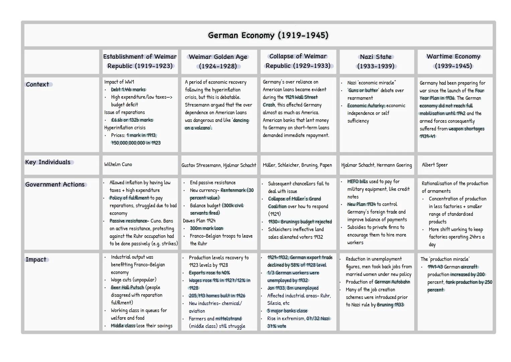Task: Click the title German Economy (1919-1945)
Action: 268,35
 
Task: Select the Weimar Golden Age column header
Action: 218,61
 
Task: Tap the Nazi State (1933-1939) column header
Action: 375,61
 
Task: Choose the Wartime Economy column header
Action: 453,61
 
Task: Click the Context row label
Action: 37,84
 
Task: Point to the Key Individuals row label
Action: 48,162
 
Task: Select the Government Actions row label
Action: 55,184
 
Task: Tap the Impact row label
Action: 36,259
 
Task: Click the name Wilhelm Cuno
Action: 118,165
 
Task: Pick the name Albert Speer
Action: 434,165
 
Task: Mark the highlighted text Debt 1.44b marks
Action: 128,89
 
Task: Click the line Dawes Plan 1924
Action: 199,221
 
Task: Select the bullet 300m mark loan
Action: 206,228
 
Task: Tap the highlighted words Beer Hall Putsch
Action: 127,288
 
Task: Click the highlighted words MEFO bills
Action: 357,181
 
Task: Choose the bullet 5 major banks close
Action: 287,311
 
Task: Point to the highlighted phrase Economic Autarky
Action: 366,106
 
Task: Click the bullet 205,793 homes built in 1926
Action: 217,296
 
